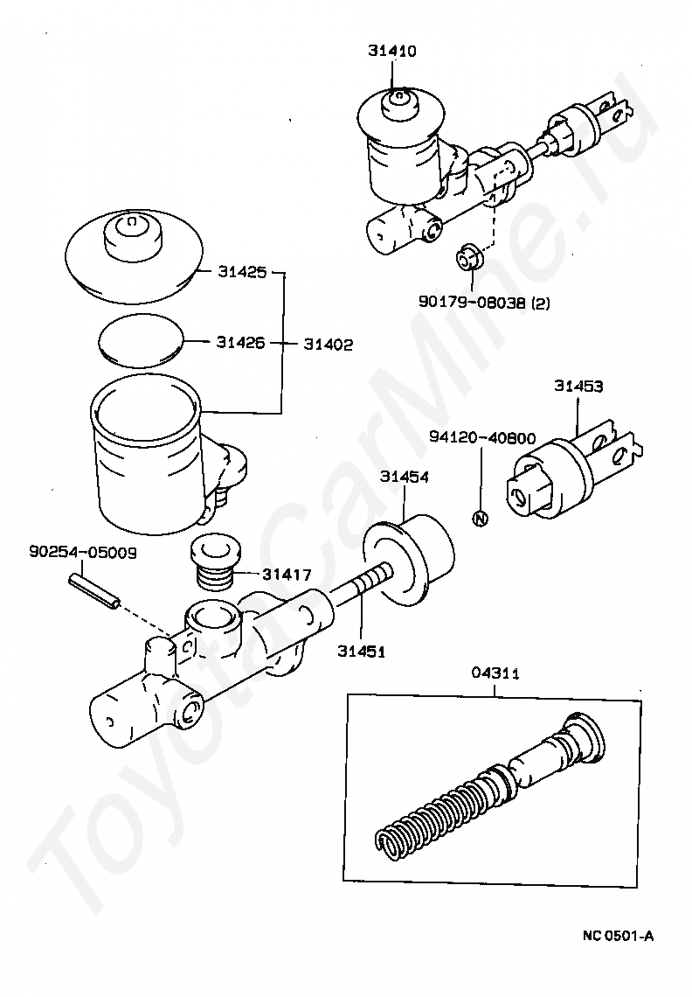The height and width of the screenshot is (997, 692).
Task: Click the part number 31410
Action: click(391, 52)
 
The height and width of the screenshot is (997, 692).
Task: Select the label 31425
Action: click(240, 273)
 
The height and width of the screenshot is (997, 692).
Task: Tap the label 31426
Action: click(240, 343)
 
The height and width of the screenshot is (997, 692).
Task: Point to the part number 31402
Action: click(329, 345)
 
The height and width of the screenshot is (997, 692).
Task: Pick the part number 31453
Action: click(578, 385)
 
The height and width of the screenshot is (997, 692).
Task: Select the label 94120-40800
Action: click(482, 437)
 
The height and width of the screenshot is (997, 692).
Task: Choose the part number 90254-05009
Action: click(82, 553)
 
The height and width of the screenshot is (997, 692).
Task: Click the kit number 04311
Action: click(495, 673)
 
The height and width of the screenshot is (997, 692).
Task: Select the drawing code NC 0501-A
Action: click(618, 937)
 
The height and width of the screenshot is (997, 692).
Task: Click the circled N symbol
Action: click(478, 517)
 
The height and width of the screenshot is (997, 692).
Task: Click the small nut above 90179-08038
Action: click(468, 258)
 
